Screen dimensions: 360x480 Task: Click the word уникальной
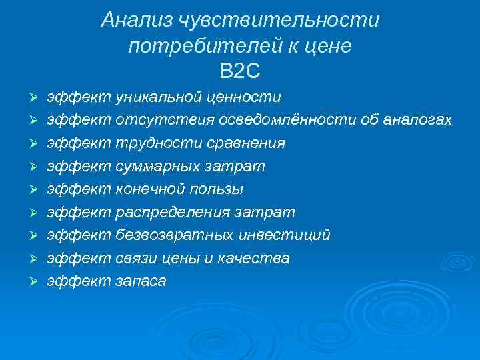pyautogui.click(x=159, y=97)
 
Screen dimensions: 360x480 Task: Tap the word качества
pyautogui.click(x=261, y=258)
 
